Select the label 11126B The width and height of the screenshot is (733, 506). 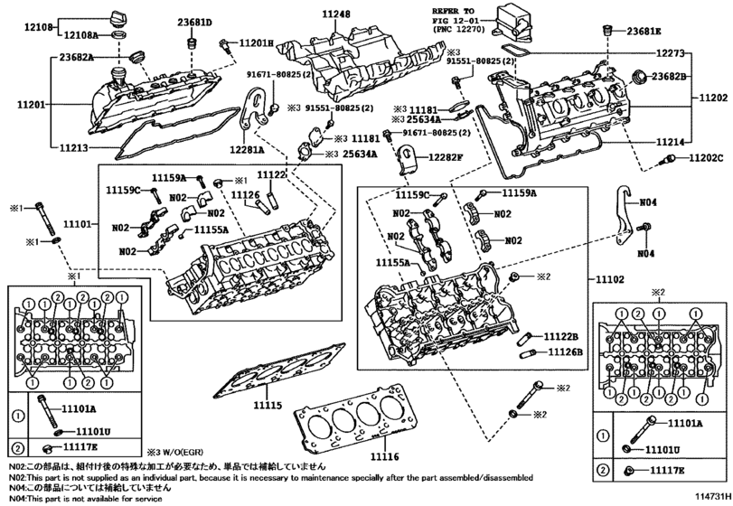point(564,351)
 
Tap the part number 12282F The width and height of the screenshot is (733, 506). point(445,157)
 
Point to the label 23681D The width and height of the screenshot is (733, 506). point(194,23)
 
